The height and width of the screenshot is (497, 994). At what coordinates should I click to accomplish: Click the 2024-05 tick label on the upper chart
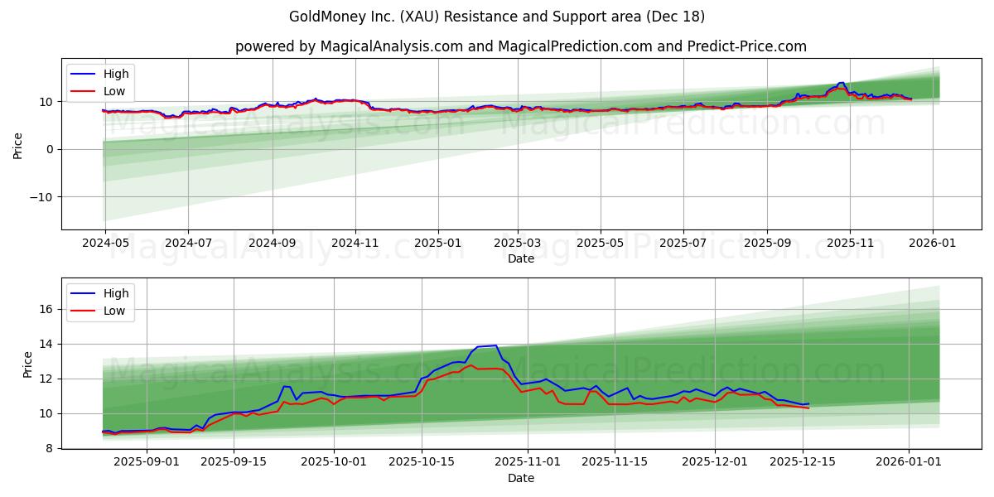[x=105, y=244]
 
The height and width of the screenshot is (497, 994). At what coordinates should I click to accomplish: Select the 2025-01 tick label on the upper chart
[x=437, y=244]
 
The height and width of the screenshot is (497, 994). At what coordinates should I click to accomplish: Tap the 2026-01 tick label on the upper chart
[x=933, y=244]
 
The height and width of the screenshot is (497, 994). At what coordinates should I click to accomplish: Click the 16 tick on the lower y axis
[x=47, y=309]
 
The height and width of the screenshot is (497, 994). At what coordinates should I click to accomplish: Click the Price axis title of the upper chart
[x=18, y=144]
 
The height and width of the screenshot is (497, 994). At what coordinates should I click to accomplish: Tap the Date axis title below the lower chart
[x=520, y=478]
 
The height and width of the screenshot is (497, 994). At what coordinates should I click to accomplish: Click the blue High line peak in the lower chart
[x=495, y=345]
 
